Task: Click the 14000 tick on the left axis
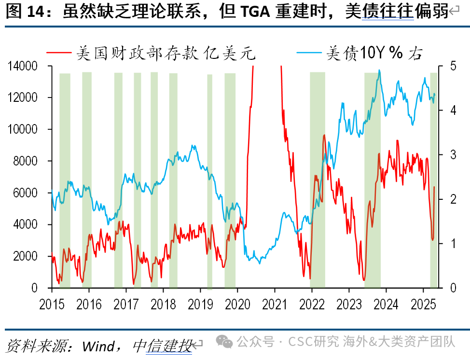tap(23, 66)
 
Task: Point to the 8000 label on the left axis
tap(25, 161)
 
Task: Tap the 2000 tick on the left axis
tap(25, 256)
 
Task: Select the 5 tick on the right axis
tap(453, 66)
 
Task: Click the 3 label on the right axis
tap(453, 155)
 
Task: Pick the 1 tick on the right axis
tap(453, 243)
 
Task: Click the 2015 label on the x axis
tap(52, 305)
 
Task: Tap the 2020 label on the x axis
tap(237, 305)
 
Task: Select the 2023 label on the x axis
tap(349, 305)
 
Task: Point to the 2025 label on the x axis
tap(423, 305)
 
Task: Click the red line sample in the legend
tap(59, 53)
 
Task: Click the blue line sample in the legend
tap(309, 53)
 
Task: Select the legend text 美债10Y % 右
tap(374, 53)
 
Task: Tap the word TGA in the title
tap(255, 12)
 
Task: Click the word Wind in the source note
tap(98, 346)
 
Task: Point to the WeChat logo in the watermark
tap(224, 342)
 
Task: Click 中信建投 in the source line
tap(163, 346)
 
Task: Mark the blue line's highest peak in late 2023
tap(379, 70)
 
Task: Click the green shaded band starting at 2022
tap(318, 180)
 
